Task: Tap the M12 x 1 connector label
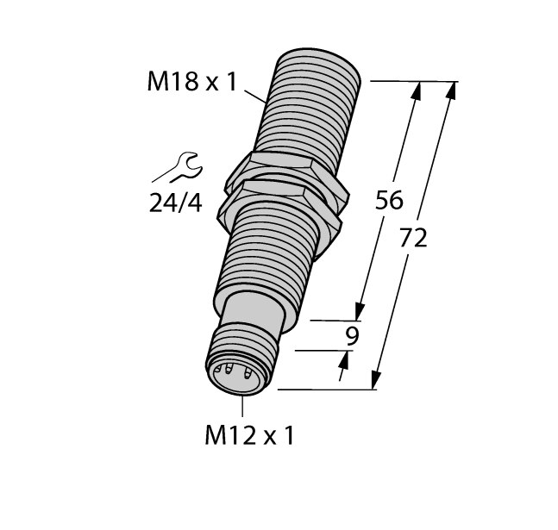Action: tap(249, 436)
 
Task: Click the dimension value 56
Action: tap(389, 201)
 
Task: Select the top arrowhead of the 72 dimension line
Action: tap(450, 90)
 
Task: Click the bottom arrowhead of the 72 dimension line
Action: tap(377, 380)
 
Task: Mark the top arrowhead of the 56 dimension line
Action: tap(418, 90)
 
